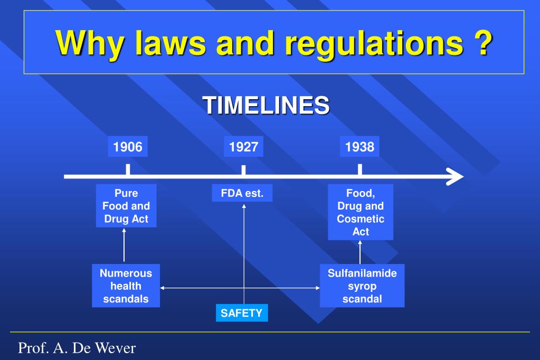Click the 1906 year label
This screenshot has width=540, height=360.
point(128,147)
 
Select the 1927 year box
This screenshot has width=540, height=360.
point(243,147)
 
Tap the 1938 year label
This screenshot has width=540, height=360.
point(359,147)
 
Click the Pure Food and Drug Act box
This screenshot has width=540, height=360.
point(126,206)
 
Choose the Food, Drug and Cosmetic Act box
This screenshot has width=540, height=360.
point(361,212)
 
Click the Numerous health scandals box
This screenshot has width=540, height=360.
point(126,286)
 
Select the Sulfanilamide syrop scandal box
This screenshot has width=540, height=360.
point(362,286)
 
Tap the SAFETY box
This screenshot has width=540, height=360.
point(241,313)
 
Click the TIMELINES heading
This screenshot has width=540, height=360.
point(267,105)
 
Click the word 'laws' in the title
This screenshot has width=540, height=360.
point(167,43)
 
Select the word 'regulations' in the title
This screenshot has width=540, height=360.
point(372,43)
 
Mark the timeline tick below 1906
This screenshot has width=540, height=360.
point(128,170)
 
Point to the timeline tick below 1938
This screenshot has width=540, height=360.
point(359,170)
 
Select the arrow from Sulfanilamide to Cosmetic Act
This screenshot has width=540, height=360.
point(360,252)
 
